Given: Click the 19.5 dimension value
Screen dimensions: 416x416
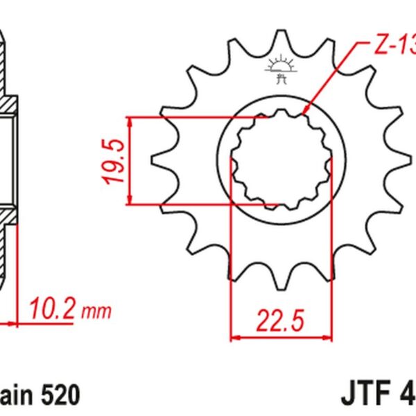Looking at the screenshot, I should (x=113, y=161).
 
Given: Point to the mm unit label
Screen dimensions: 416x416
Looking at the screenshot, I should (x=96, y=311).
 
